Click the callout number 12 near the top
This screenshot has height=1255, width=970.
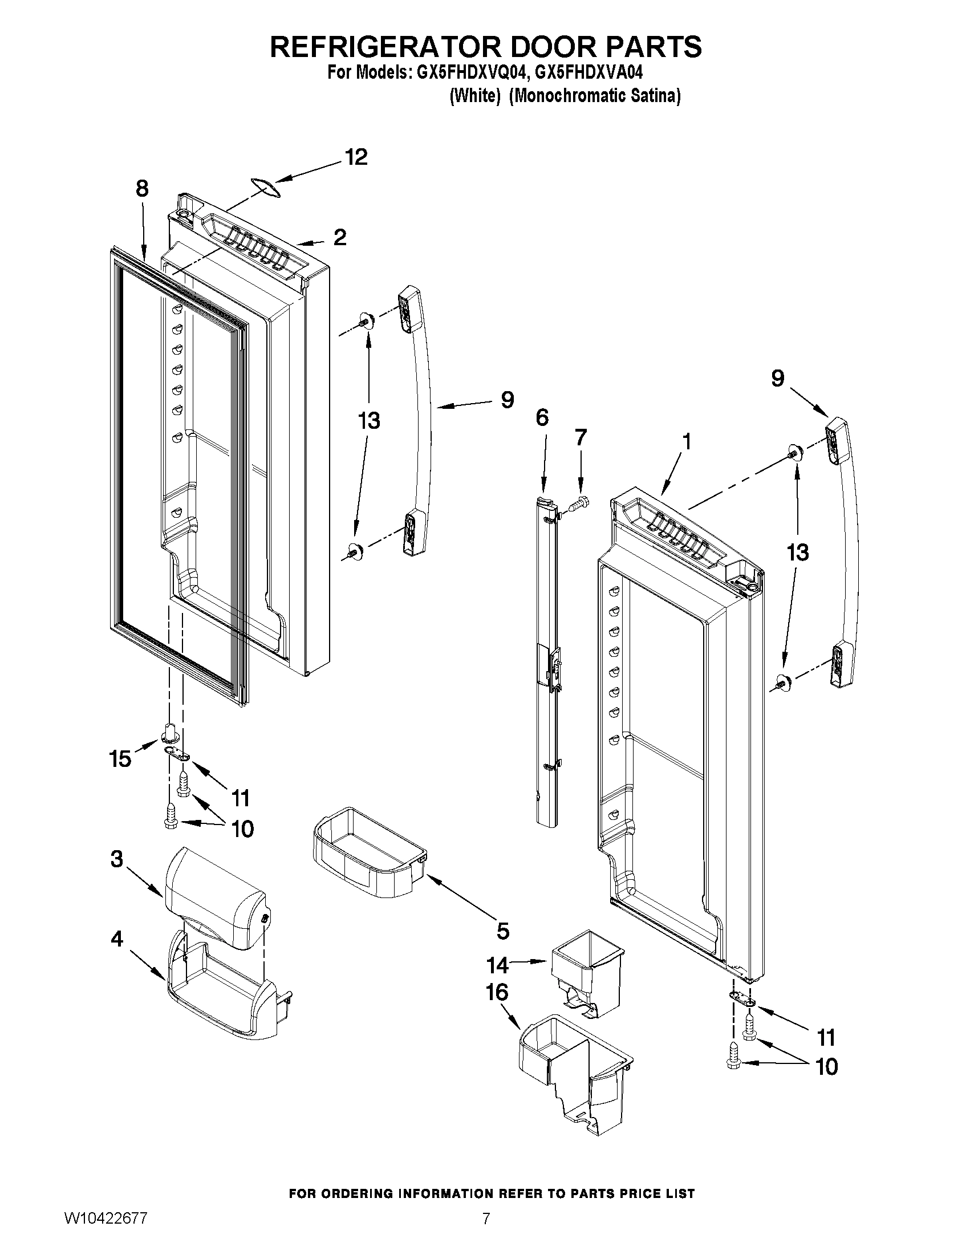tap(356, 157)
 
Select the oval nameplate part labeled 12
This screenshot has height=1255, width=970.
tap(265, 188)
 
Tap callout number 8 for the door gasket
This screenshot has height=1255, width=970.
tap(142, 189)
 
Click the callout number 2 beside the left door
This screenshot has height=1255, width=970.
tap(340, 237)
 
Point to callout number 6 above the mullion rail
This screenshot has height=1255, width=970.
tap(542, 418)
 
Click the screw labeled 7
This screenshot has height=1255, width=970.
tap(578, 504)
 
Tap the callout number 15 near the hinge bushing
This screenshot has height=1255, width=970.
tap(120, 760)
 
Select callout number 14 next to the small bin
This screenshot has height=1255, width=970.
tap(498, 965)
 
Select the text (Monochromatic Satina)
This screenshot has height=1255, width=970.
tap(596, 96)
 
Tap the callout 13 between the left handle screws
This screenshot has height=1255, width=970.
tap(369, 421)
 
